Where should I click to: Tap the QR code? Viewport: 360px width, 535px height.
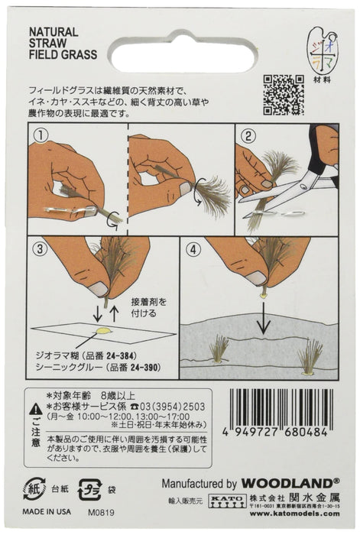pos(283,93)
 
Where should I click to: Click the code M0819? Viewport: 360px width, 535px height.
pos(100,511)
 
